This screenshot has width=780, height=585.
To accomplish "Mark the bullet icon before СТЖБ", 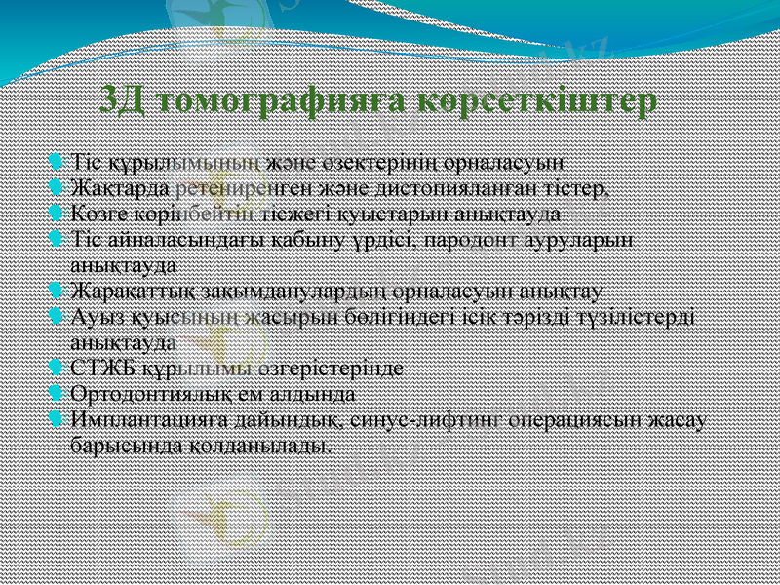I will pos(58,369).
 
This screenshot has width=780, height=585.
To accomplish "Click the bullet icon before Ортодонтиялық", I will pos(58,394).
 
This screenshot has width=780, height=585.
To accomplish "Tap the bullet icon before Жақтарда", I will pos(58,185).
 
